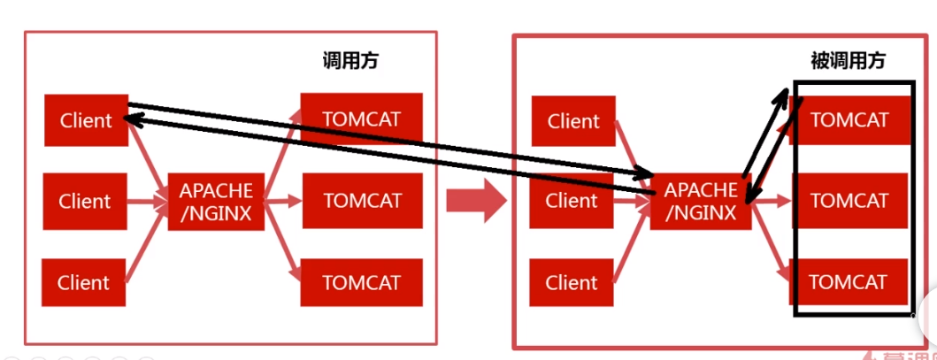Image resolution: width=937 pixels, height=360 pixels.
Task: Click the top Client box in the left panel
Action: coord(86,120)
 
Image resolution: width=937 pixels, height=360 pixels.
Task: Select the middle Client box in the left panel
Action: coord(85,202)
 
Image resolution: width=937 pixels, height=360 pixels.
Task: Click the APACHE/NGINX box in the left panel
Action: coord(216,202)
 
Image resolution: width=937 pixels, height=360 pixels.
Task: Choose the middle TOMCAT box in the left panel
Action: coord(361,201)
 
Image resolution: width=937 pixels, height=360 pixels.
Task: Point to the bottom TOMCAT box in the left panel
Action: coord(361,283)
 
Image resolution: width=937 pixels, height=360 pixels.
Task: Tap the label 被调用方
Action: coord(848,61)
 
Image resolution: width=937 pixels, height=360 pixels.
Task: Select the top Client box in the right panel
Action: coord(573,121)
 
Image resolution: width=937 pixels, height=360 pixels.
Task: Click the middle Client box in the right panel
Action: coord(572,201)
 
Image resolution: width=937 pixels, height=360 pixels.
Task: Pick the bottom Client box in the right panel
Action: coord(572,283)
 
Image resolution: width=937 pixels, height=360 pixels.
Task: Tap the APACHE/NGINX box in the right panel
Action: coord(701,202)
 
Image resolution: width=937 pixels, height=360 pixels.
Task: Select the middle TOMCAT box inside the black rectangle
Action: coord(849,201)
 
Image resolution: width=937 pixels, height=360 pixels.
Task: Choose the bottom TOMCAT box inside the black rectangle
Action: coord(849,283)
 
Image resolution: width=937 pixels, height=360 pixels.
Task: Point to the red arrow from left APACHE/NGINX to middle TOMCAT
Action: coord(283,202)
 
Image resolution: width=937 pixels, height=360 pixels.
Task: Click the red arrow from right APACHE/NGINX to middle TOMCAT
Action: coord(771,202)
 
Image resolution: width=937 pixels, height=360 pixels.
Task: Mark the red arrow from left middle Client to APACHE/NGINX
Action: coord(148,202)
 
